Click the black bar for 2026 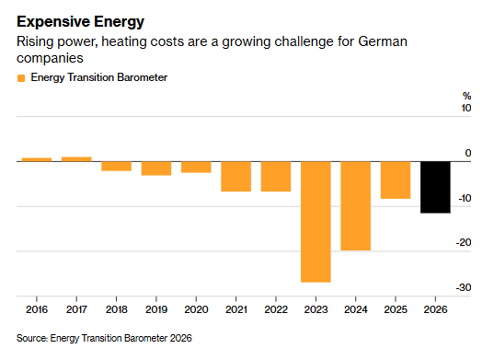pyautogui.click(x=435, y=187)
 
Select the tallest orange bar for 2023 pyautogui.click(x=316, y=222)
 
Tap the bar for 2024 pyautogui.click(x=356, y=206)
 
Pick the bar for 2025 pyautogui.click(x=396, y=180)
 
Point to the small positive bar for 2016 pyautogui.click(x=37, y=159)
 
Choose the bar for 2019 pyautogui.click(x=156, y=168)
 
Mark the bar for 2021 pyautogui.click(x=236, y=177)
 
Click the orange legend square pyautogui.click(x=21, y=78)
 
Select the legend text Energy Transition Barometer pyautogui.click(x=99, y=77)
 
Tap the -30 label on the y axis pyautogui.click(x=464, y=287)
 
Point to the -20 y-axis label pyautogui.click(x=464, y=242)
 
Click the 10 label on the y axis pyautogui.click(x=466, y=108)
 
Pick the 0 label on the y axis pyautogui.click(x=468, y=153)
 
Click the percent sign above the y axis pyautogui.click(x=467, y=96)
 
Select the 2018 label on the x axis pyautogui.click(x=117, y=309)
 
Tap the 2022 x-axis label pyautogui.click(x=276, y=309)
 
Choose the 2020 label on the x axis pyautogui.click(x=196, y=309)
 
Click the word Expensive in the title pyautogui.click(x=53, y=22)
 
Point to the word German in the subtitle pyautogui.click(x=383, y=41)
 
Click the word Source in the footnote pyautogui.click(x=31, y=338)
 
